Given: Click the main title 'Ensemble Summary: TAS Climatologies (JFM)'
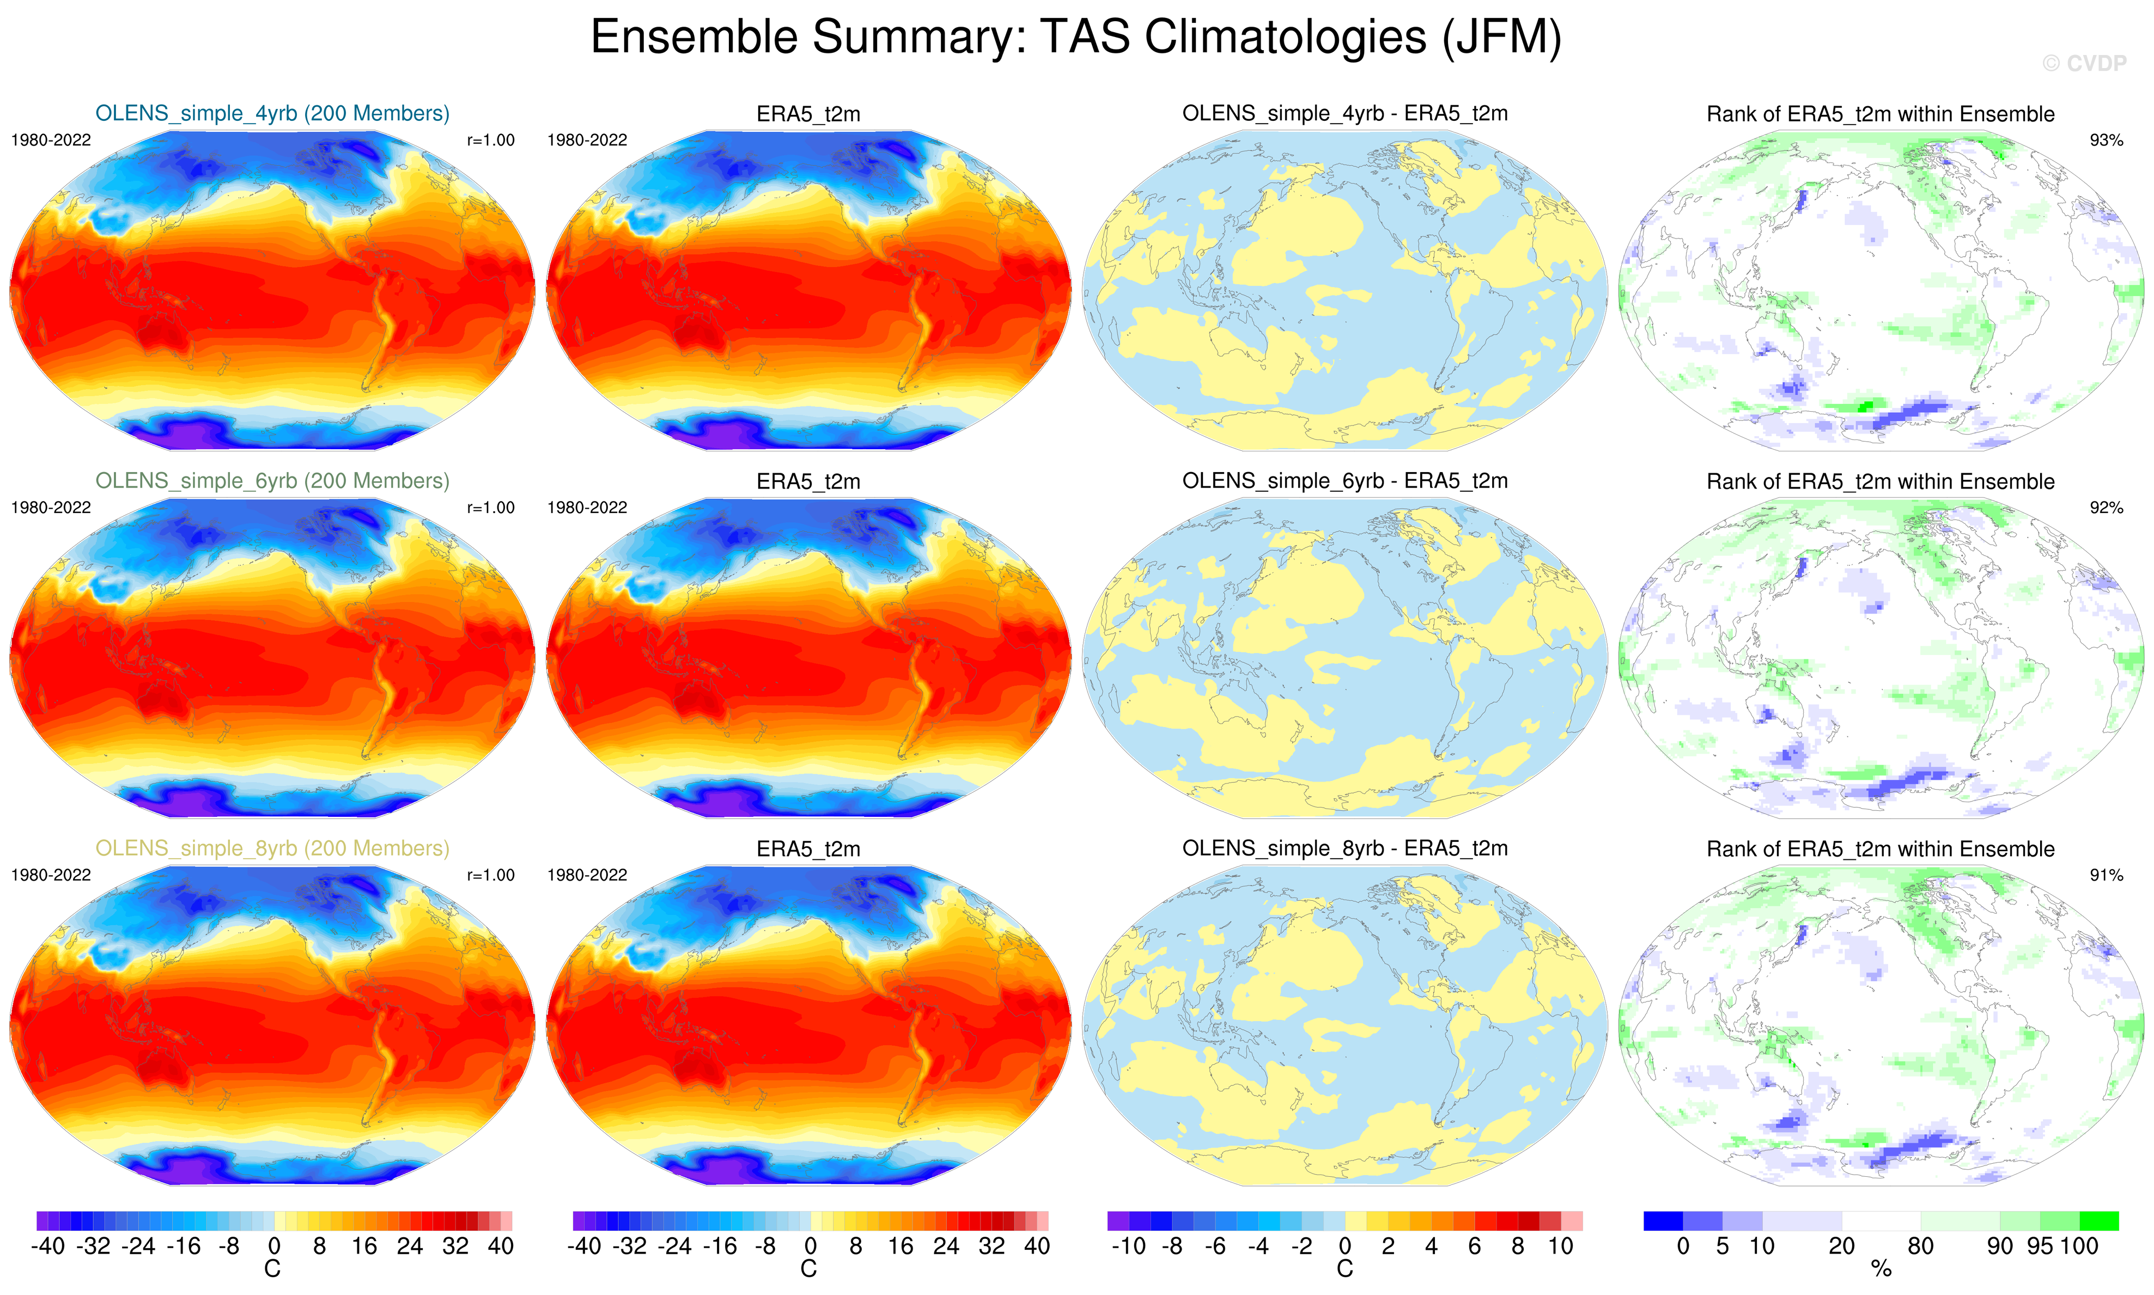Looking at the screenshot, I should (1075, 38).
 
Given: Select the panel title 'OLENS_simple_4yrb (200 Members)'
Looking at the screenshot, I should (272, 113).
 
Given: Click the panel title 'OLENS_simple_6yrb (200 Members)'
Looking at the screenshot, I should (272, 481).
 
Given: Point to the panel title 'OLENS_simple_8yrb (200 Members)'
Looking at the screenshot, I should (272, 848).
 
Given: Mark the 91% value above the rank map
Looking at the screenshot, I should (2106, 875).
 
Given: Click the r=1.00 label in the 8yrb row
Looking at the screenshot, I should (490, 875).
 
